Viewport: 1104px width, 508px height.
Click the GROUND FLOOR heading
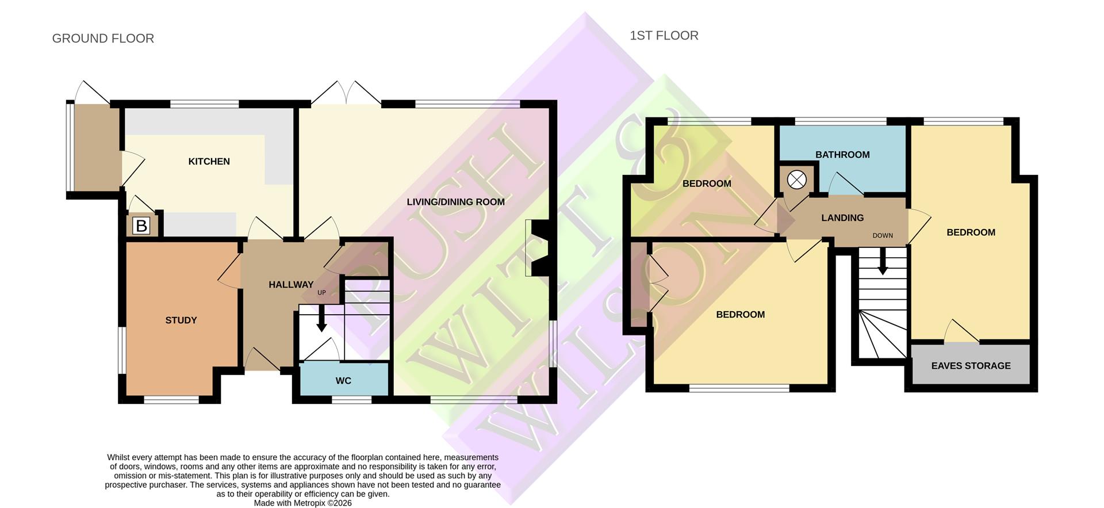(103, 39)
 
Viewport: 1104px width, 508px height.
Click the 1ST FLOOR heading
(664, 36)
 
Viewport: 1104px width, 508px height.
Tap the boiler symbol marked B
(141, 226)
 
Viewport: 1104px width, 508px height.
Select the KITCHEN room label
(209, 162)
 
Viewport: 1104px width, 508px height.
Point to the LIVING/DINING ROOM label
(455, 202)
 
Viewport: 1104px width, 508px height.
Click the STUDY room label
(181, 320)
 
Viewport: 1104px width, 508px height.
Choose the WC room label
(343, 381)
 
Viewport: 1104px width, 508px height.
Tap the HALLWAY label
(291, 285)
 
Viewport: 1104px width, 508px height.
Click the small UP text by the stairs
(321, 293)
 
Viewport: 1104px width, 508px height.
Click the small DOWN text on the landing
(882, 236)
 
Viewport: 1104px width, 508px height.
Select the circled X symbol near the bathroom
(796, 180)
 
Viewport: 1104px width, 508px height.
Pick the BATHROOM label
(842, 155)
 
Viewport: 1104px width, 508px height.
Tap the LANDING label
(842, 218)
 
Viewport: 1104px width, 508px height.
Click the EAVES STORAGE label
(971, 366)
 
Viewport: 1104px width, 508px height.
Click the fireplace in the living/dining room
(538, 248)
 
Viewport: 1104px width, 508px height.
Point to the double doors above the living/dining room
(346, 94)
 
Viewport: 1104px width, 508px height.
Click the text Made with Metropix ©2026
(302, 503)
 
